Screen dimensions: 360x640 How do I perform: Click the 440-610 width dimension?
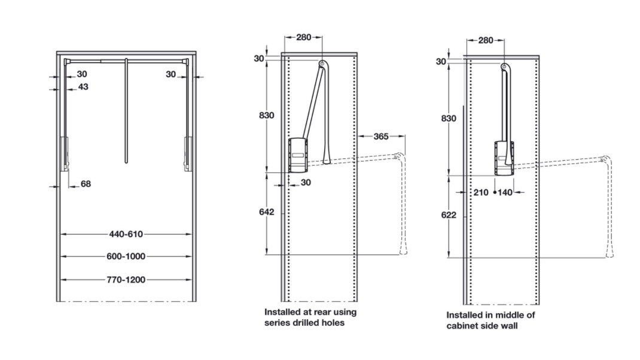pos(126,234)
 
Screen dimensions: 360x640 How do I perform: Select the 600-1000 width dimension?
pos(126,256)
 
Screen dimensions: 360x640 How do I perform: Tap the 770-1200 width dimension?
pos(126,279)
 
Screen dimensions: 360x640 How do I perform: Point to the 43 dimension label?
pos(83,87)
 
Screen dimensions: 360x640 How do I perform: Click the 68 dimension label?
pos(86,184)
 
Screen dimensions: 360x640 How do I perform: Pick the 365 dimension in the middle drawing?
pos(381,136)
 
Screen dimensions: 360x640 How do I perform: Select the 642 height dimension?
pos(267,212)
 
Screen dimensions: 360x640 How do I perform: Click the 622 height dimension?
pos(449,215)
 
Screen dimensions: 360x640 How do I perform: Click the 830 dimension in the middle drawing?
pos(267,115)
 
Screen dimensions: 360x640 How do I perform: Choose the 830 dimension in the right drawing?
pos(449,118)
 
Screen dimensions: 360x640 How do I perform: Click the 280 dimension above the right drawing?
pos(486,40)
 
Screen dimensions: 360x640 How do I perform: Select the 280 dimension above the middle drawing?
pos(304,37)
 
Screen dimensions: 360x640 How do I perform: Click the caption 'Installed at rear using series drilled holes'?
pos(310,318)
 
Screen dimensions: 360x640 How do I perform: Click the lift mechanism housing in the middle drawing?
pos(298,155)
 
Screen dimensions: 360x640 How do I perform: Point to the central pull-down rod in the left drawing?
pos(126,111)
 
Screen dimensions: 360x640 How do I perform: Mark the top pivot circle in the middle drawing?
pos(322,63)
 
